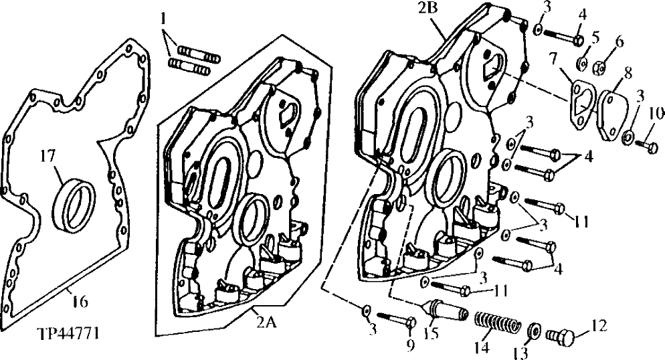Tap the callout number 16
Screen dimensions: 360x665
(x=79, y=302)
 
